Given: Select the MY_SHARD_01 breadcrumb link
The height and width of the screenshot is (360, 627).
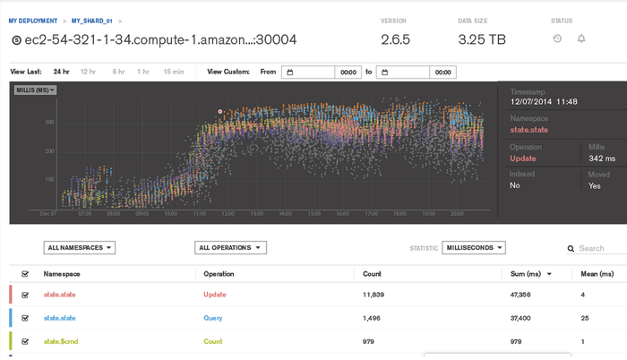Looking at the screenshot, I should pyautogui.click(x=93, y=20).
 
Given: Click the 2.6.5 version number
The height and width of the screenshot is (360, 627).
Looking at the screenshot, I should pyautogui.click(x=395, y=39).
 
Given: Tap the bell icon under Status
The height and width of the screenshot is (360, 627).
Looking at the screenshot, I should pyautogui.click(x=581, y=39).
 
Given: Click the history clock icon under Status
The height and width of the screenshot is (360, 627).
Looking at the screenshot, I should pyautogui.click(x=557, y=39).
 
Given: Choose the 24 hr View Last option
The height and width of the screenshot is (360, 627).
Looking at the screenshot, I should pyautogui.click(x=61, y=72).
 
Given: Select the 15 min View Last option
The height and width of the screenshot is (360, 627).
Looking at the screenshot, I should pyautogui.click(x=174, y=72).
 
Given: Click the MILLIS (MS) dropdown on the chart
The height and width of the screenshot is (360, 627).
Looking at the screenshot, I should pyautogui.click(x=36, y=90).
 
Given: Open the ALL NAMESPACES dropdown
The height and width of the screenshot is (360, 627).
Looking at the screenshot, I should pyautogui.click(x=79, y=248).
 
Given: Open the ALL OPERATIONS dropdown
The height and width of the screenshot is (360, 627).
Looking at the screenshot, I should pyautogui.click(x=231, y=248).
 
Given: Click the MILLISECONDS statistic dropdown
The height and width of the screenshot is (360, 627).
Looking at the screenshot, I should pyautogui.click(x=474, y=248).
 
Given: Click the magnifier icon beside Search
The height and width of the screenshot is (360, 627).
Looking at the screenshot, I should pyautogui.click(x=571, y=249).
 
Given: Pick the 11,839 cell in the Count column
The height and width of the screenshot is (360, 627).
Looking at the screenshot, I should pyautogui.click(x=374, y=294).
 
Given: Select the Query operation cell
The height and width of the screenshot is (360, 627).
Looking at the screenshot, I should pyautogui.click(x=213, y=317).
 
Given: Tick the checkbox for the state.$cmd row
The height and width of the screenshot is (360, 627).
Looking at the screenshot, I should pyautogui.click(x=25, y=341).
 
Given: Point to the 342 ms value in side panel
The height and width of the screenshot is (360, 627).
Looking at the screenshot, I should pyautogui.click(x=601, y=159).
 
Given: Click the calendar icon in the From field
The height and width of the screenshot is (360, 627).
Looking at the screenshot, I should pyautogui.click(x=289, y=73).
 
